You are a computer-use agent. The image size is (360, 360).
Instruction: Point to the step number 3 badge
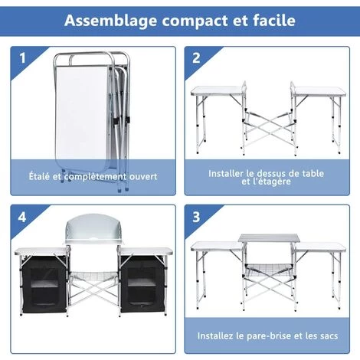197,218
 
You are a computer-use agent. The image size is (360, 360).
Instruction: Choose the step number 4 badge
22,218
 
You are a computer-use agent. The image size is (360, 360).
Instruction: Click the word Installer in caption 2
227,173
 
